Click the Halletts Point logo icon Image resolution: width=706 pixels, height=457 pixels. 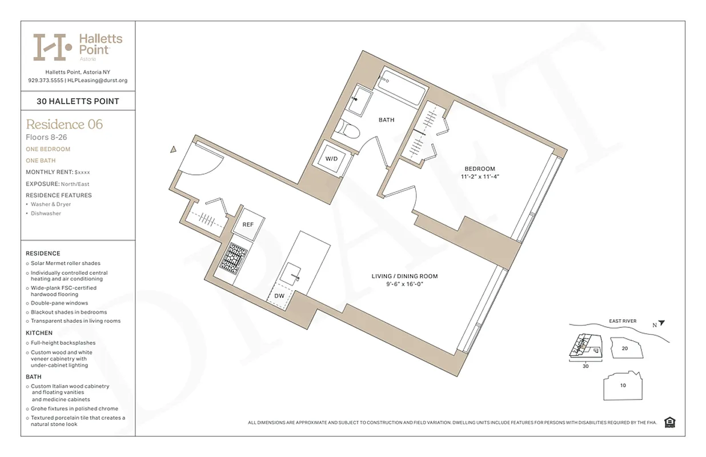tap(52, 47)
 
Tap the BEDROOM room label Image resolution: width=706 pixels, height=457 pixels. tap(479, 169)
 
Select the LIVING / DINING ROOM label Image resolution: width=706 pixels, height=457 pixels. tap(404, 276)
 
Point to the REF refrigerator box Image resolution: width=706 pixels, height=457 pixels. tap(248, 225)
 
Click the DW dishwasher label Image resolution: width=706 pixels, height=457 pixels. tap(279, 296)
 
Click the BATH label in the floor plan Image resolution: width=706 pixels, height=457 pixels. tap(387, 120)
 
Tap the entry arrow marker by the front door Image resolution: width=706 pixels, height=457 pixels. tap(173, 150)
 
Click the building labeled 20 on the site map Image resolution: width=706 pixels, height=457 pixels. tap(625, 348)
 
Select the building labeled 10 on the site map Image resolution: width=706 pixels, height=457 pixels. tap(623, 385)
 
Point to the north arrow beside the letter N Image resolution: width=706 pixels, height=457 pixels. tap(662, 323)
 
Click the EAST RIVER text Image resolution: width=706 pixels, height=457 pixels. tap(622, 321)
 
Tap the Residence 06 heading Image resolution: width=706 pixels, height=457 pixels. tap(64, 124)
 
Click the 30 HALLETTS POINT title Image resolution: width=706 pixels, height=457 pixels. tap(78, 101)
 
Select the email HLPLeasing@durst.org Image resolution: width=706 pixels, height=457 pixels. tap(98, 81)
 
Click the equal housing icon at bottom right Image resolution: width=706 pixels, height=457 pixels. tap(670, 422)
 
